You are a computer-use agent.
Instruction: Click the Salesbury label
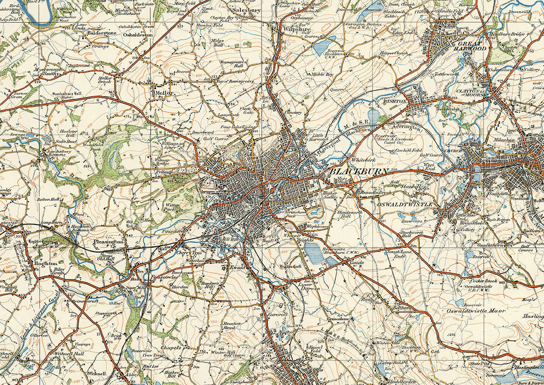pos(247,9)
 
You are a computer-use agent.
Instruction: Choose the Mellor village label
pos(163,93)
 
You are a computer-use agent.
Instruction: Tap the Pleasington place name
pos(108,241)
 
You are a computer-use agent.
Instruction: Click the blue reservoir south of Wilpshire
pos(325,46)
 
